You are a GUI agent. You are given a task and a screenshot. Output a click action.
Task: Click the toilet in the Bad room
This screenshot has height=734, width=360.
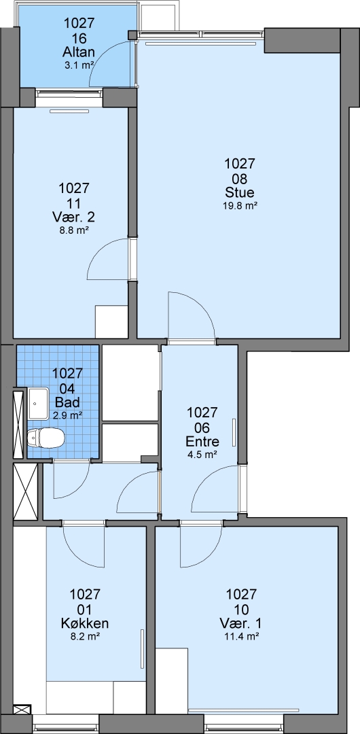[x=46, y=438]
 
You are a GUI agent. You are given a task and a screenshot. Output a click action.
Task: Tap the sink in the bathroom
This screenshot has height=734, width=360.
[x=39, y=403]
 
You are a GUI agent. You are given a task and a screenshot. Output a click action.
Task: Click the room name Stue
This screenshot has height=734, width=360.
[x=239, y=193]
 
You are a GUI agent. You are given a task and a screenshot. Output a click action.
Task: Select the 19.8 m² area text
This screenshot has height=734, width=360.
[x=240, y=205]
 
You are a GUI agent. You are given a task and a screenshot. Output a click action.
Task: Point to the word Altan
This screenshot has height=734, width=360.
[x=79, y=52]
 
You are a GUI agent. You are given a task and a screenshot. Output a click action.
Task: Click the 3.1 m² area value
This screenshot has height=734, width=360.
[x=79, y=65]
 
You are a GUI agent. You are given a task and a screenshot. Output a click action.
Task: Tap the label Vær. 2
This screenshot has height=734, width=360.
[x=74, y=217]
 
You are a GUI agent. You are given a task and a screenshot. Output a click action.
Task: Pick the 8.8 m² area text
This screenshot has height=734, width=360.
[x=74, y=230]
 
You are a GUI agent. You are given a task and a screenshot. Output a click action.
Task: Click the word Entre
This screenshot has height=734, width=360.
[x=202, y=442]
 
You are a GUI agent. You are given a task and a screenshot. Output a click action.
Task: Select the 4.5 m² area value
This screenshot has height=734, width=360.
[x=202, y=454]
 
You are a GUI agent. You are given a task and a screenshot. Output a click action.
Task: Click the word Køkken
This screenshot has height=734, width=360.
[x=85, y=623]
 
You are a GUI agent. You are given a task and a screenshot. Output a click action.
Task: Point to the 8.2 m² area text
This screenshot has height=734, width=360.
[x=85, y=636]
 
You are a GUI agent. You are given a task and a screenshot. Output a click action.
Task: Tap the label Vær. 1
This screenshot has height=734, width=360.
[x=241, y=623]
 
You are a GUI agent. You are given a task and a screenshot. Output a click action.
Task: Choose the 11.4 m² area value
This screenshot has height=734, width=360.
[x=241, y=636]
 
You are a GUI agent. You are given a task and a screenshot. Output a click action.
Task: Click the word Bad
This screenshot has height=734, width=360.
[x=67, y=402]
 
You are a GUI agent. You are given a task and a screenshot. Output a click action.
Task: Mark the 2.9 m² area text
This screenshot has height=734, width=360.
[x=68, y=415]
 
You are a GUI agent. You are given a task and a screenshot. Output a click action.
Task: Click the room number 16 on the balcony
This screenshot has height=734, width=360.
[x=79, y=37]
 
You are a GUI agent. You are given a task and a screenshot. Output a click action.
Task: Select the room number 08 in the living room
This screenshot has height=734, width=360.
[x=239, y=178]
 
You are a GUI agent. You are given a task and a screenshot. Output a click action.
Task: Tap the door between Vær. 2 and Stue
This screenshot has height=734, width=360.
[x=108, y=259]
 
